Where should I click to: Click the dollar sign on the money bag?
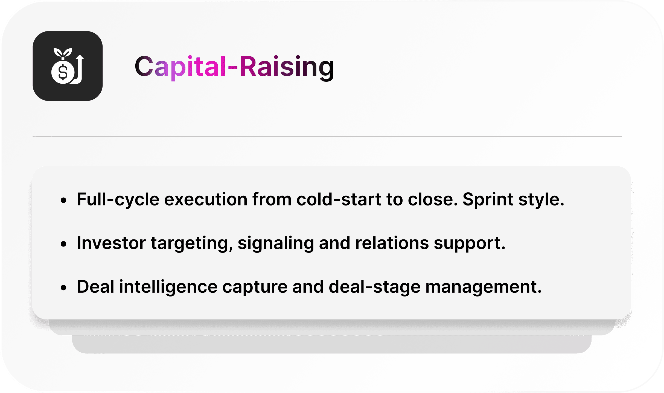(x=63, y=72)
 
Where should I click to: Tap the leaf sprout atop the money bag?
(x=63, y=52)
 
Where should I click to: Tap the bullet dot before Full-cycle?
(x=63, y=200)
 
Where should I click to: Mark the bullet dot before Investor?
(x=63, y=244)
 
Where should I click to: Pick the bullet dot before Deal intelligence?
(x=63, y=288)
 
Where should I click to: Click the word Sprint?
(x=488, y=200)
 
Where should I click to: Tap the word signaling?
(x=276, y=244)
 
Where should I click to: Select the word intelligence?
(x=168, y=287)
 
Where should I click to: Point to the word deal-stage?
(x=375, y=287)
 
